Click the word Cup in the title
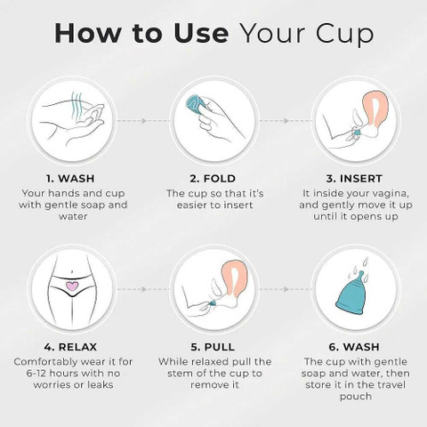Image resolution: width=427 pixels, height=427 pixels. tap(344, 34)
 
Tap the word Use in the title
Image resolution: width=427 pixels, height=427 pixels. tap(201, 33)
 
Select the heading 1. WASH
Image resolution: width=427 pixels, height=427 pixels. tap(70, 179)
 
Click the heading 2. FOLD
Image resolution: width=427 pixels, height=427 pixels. tap(213, 179)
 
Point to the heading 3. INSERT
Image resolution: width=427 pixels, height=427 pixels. tap(354, 179)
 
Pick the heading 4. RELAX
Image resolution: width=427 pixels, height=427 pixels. tap(70, 347)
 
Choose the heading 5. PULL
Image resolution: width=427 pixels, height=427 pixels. tap(213, 347)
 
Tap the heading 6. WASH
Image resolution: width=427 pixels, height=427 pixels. tap(354, 347)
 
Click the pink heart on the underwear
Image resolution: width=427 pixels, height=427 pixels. tap(72, 286)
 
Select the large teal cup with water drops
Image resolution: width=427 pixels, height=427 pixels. tap(353, 293)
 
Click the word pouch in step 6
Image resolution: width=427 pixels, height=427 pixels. tap(356, 397)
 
